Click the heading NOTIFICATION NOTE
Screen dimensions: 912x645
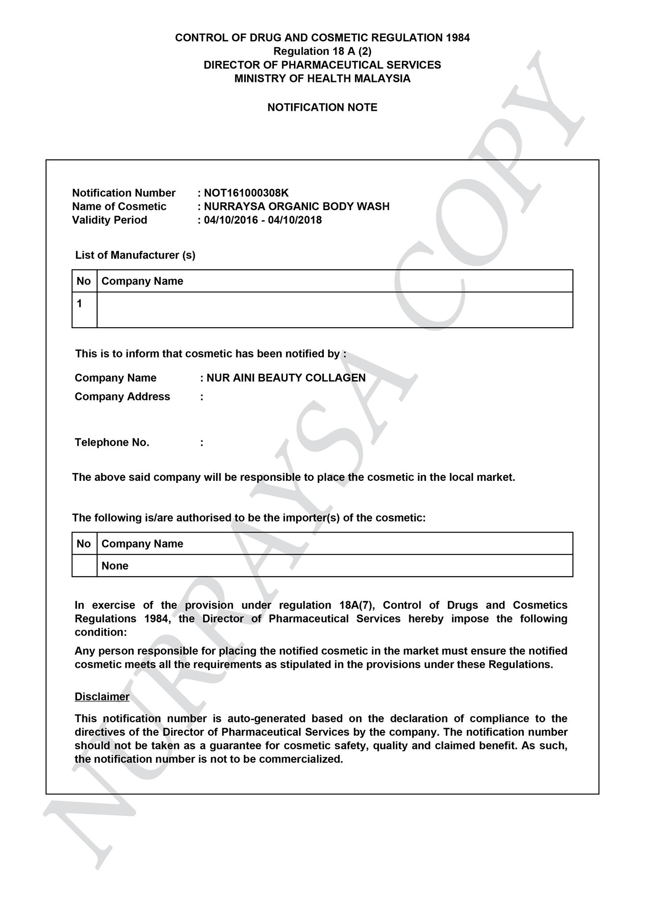[x=322, y=107]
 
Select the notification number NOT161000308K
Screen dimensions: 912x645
[x=246, y=193]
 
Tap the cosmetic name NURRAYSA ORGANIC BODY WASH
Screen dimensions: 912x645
[x=297, y=206]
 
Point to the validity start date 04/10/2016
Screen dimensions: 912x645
[x=231, y=220]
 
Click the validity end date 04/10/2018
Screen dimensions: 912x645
[x=295, y=220]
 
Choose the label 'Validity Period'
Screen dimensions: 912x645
[x=110, y=220]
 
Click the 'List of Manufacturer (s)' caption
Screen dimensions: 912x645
[x=135, y=255]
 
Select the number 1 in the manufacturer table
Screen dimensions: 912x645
[x=79, y=304]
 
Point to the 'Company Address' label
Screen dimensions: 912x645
[x=122, y=397]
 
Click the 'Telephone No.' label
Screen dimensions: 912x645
[x=112, y=443]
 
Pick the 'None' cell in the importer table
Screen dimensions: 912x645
[x=115, y=566]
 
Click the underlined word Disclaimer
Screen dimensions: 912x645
[x=102, y=697]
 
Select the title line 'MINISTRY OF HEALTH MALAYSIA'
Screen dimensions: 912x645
[x=322, y=79]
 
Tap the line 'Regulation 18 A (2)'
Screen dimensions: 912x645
[x=322, y=51]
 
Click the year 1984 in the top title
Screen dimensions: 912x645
[x=457, y=38]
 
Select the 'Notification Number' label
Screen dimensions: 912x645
[x=124, y=193]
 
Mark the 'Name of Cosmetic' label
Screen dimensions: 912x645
[x=119, y=206]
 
